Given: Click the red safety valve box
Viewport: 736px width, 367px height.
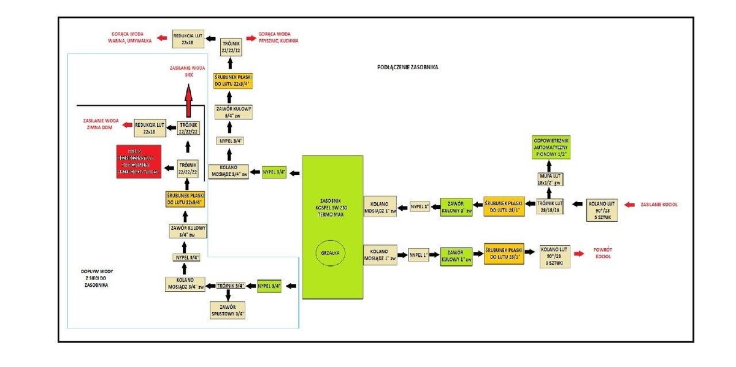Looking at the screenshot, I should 139,162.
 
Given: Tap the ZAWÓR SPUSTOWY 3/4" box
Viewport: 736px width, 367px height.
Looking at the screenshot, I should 228,309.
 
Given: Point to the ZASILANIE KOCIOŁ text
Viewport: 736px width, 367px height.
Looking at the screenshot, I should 661,204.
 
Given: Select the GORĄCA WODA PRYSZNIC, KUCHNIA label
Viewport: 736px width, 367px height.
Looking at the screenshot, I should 278,37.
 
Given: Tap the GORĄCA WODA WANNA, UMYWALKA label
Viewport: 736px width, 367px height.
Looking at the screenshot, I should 126,37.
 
